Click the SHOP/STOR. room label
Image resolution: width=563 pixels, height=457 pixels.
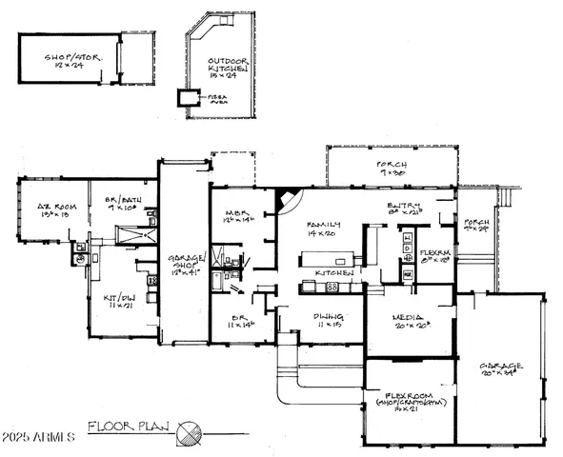click(69, 62)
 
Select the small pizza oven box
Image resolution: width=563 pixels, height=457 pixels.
click(184, 97)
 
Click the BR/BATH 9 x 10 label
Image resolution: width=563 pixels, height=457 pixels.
click(122, 204)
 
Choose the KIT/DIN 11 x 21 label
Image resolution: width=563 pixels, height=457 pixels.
click(120, 304)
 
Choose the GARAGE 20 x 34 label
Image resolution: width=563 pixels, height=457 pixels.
click(500, 368)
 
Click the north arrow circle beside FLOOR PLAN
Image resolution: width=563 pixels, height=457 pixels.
click(190, 431)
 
